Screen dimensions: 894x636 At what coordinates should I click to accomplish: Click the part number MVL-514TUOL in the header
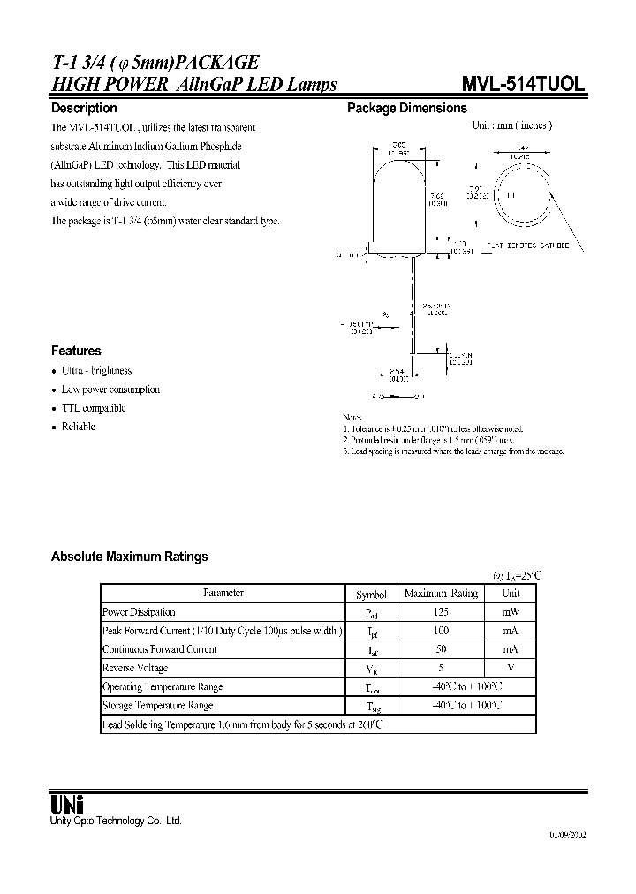click(x=522, y=84)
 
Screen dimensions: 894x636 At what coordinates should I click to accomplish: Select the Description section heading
click(x=84, y=108)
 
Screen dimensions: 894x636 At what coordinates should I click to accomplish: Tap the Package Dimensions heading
click(x=406, y=108)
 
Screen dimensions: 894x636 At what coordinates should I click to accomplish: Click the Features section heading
click(x=76, y=351)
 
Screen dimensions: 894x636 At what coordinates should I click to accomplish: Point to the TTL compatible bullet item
click(x=93, y=408)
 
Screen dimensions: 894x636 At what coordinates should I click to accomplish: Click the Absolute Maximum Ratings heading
click(x=130, y=557)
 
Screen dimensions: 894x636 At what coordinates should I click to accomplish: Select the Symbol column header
click(x=371, y=595)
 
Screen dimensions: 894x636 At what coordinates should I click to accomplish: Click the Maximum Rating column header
click(x=441, y=595)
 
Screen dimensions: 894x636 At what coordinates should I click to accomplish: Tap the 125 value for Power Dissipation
click(x=441, y=612)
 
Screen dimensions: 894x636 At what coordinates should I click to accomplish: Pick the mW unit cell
click(x=511, y=612)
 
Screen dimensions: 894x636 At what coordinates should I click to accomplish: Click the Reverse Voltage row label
click(x=135, y=669)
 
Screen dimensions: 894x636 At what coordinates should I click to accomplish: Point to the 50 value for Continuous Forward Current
click(x=441, y=649)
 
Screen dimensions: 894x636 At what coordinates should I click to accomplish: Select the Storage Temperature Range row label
click(x=157, y=706)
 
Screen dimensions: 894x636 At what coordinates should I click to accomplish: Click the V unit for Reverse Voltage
click(x=511, y=669)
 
